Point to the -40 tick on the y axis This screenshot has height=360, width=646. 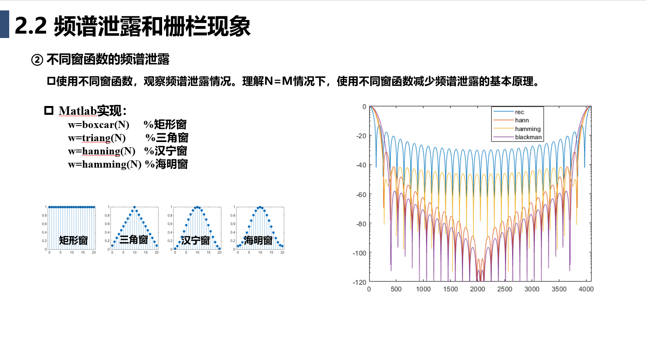[x=361, y=165]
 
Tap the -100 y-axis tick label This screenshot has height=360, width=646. [x=359, y=253]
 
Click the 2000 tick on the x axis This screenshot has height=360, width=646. [x=477, y=289]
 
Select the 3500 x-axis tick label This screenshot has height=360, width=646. [x=559, y=289]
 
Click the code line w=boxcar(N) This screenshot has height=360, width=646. [x=98, y=124]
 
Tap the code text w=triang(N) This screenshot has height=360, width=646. [x=97, y=138]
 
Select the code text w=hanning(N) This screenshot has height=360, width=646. [x=102, y=151]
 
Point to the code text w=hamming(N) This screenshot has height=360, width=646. [x=105, y=164]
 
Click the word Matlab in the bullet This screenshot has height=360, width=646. [x=77, y=111]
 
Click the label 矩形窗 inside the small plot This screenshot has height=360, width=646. [x=73, y=240]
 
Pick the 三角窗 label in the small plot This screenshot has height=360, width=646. [x=134, y=240]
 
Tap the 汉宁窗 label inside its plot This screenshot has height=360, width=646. [x=195, y=240]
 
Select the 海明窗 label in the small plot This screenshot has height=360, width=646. [x=258, y=240]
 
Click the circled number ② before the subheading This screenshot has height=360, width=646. [x=37, y=60]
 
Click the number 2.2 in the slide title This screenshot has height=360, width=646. [x=30, y=26]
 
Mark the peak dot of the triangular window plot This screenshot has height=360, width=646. [x=134, y=207]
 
